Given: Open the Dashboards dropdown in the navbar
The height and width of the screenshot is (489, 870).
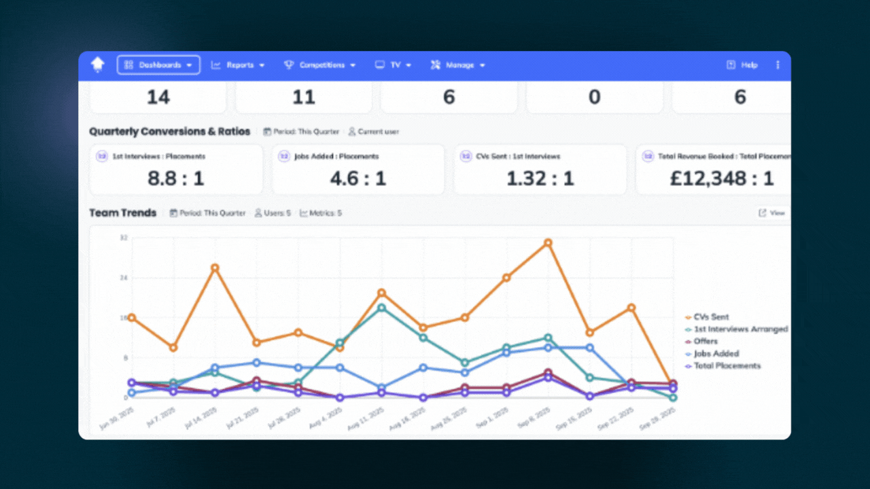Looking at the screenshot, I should click(x=159, y=65).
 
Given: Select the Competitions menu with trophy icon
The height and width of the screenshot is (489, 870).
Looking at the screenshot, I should click(x=319, y=65).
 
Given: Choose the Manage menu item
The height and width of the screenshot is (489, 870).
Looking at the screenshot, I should click(x=458, y=65).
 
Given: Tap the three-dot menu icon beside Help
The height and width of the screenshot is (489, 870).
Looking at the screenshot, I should click(x=778, y=65).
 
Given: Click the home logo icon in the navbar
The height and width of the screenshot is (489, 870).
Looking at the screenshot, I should click(x=98, y=65).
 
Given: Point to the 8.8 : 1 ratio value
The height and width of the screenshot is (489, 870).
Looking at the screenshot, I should click(x=175, y=179).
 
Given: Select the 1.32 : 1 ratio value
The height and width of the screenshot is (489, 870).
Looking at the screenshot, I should click(x=540, y=179).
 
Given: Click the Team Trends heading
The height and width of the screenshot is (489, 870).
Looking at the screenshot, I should click(x=123, y=213).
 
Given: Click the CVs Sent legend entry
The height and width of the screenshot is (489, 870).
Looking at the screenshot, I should click(x=711, y=317).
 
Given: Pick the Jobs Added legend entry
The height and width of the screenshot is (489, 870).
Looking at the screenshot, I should click(x=716, y=354).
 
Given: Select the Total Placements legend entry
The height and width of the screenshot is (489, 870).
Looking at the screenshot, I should click(x=727, y=366).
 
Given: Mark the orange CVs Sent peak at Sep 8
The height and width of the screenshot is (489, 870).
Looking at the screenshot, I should click(x=547, y=242).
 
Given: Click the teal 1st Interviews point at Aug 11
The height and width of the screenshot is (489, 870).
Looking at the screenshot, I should click(x=381, y=308).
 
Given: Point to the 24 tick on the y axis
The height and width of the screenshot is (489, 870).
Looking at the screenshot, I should click(x=124, y=278).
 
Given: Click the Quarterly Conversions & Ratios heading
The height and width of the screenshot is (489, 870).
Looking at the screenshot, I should click(x=170, y=132).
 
